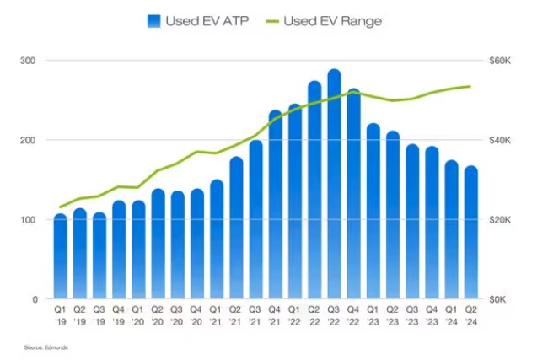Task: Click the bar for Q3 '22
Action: tap(334, 185)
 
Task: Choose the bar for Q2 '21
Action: tap(236, 228)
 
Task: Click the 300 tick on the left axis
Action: tap(28, 61)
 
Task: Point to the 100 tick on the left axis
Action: tap(28, 220)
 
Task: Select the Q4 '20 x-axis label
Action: tap(197, 316)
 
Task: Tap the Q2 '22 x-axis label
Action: tap(314, 316)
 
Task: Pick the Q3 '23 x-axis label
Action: tap(412, 316)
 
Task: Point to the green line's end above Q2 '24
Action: tap(470, 86)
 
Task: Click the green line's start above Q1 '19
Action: tap(60, 207)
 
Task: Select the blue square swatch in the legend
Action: tap(153, 20)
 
